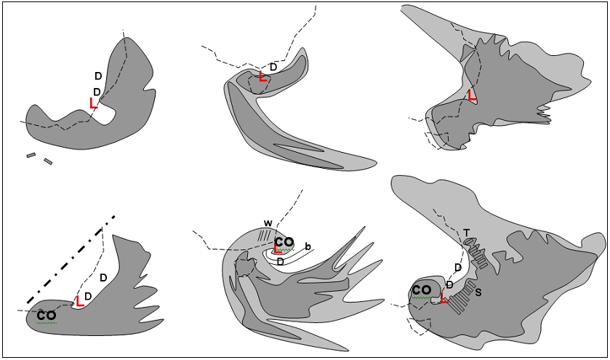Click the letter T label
click(x=467, y=233)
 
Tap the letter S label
click(x=478, y=292)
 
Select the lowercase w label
click(x=268, y=223)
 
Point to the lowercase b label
click(x=308, y=247)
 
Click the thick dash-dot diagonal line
click(x=71, y=259)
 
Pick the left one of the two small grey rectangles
click(x=31, y=156)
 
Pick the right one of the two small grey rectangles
click(x=48, y=161)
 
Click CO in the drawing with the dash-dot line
click(x=47, y=316)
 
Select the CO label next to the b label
click(x=284, y=242)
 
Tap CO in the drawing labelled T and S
click(x=421, y=290)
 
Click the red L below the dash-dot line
click(x=79, y=301)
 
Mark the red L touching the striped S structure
click(x=444, y=298)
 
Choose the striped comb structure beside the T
click(x=476, y=252)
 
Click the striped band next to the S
click(x=462, y=297)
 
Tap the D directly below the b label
click(x=280, y=262)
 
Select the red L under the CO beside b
click(x=278, y=249)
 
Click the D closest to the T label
click(x=458, y=268)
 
